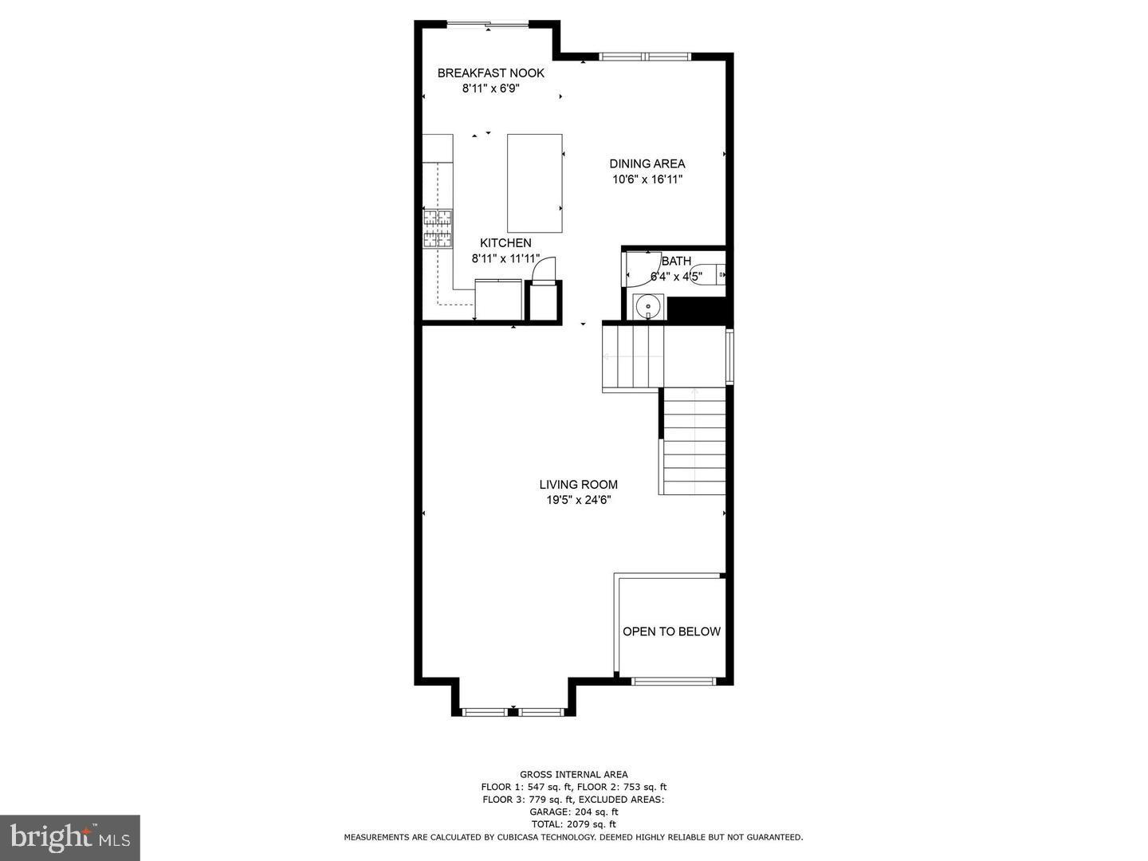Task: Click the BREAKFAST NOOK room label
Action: (x=490, y=73)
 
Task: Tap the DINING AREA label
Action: (x=647, y=163)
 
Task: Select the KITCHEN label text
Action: (x=505, y=242)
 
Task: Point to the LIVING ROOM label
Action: (x=579, y=485)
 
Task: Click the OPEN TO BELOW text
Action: (x=671, y=631)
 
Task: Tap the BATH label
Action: (x=676, y=261)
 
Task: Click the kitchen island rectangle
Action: (x=534, y=183)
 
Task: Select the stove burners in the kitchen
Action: (x=437, y=229)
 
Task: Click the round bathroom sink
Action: (x=648, y=306)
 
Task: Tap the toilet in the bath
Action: (x=707, y=274)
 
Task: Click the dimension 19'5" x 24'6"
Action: (x=579, y=501)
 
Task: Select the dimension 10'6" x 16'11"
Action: (x=647, y=180)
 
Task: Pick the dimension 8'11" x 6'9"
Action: (x=490, y=88)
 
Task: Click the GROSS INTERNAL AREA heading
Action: (x=574, y=774)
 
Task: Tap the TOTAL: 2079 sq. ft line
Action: (x=574, y=824)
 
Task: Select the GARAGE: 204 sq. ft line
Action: (x=574, y=812)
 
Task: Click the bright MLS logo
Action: (x=69, y=837)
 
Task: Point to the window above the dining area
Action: (x=645, y=57)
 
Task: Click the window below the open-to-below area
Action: (x=672, y=681)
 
